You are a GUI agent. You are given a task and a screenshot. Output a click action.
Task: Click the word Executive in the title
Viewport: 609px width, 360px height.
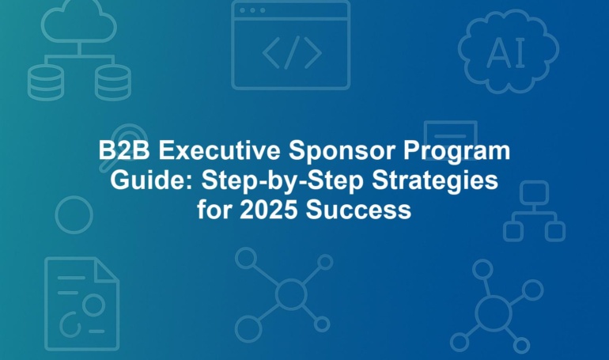(x=219, y=150)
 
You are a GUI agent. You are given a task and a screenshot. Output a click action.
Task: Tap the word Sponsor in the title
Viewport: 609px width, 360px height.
(x=342, y=151)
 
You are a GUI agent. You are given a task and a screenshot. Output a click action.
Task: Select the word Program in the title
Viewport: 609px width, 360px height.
(x=457, y=152)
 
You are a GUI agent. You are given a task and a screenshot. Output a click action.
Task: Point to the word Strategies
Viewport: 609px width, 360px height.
(x=435, y=181)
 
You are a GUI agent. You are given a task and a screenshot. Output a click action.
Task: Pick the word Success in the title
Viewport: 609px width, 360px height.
(x=358, y=210)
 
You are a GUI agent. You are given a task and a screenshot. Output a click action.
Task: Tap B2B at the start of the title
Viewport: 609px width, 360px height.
(x=124, y=150)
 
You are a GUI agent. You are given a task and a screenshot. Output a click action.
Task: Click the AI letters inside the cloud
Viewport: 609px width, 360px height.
(x=506, y=52)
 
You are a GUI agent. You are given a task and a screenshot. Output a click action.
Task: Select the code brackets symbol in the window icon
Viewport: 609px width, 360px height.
(x=292, y=52)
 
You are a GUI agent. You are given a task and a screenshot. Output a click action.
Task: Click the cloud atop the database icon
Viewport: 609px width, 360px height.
(x=79, y=21)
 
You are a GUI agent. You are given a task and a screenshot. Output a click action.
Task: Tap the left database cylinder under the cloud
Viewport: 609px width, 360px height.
(x=46, y=82)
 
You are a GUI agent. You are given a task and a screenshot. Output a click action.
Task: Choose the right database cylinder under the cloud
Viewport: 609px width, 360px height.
(x=113, y=82)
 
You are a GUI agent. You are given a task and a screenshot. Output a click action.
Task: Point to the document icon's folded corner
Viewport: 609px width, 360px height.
(x=107, y=269)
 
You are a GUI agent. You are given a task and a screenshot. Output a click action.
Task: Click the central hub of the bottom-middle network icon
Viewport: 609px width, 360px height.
(x=290, y=294)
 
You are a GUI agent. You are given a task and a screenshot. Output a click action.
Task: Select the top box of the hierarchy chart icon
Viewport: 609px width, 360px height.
(x=534, y=192)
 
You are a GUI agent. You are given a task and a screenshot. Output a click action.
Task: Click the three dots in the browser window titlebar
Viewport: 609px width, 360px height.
(x=252, y=10)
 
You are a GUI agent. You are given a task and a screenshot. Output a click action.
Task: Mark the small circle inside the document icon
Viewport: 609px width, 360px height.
(x=93, y=305)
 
